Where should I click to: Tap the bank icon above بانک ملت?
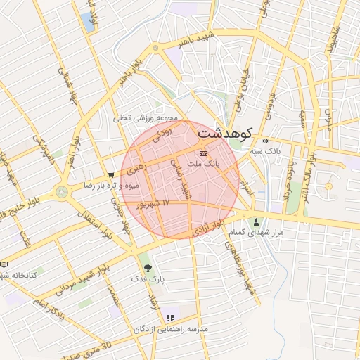[203, 153]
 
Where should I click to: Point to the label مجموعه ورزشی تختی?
[147, 118]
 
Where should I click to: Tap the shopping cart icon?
[111, 175]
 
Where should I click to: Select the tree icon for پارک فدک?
[147, 267]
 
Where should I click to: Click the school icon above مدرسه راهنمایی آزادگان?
[169, 319]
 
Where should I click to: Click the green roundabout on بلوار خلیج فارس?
[62, 191]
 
